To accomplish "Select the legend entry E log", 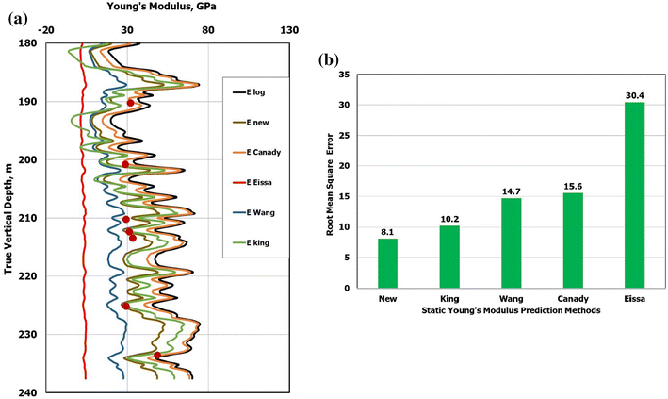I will [x=254, y=91].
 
